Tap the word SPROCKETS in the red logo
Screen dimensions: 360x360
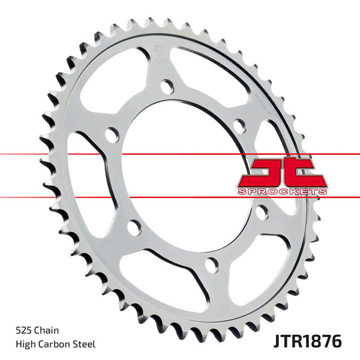point(281,190)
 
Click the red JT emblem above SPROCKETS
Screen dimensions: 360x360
point(281,171)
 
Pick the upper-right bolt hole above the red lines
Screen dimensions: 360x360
point(239,125)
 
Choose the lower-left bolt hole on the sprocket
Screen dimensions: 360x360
point(134,227)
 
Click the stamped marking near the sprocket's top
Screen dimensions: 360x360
point(161,53)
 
